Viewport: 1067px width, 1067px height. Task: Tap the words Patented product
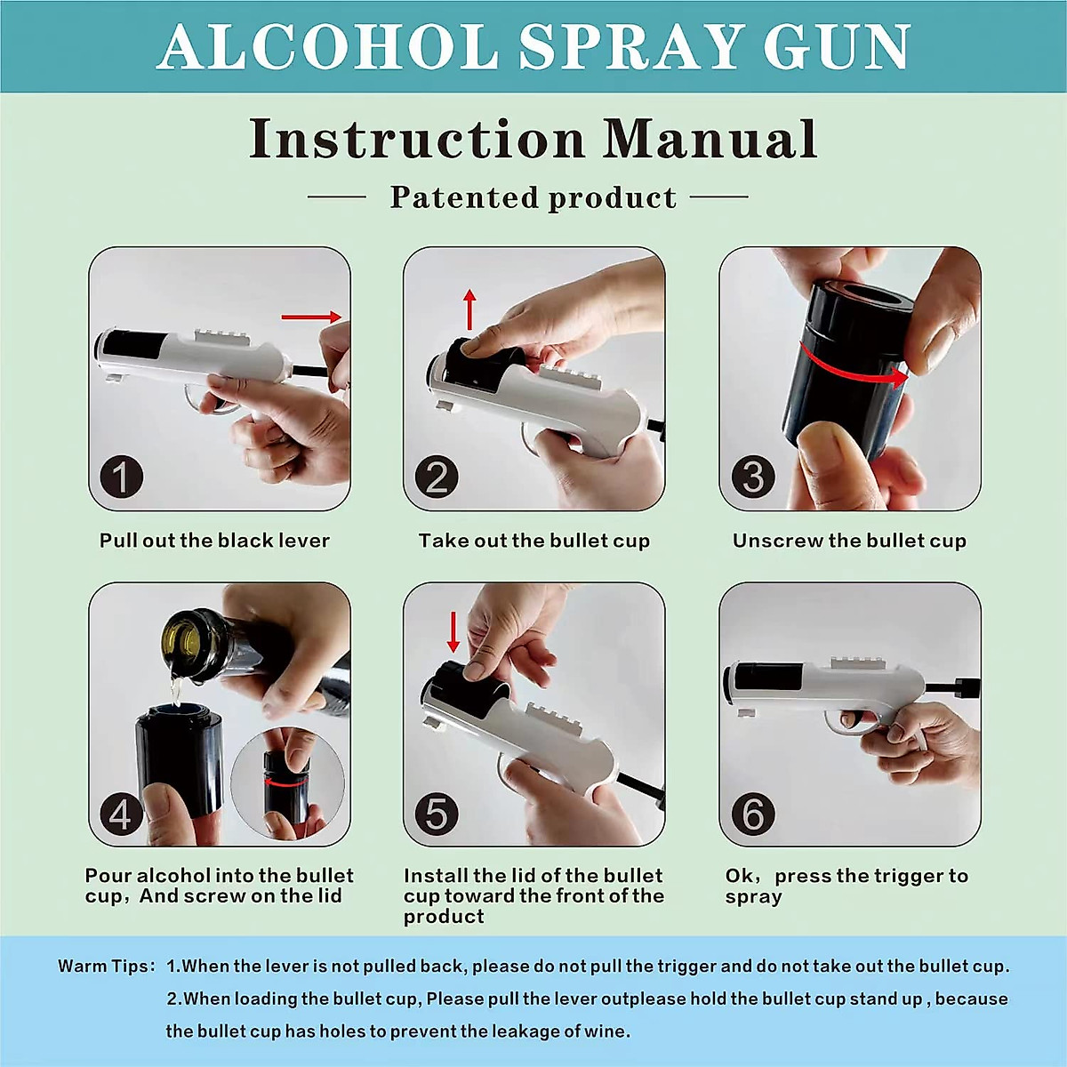pos(533,197)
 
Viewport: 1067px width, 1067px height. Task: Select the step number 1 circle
pos(121,477)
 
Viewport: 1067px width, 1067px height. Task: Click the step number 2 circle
pos(437,477)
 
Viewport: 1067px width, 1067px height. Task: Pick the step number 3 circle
pos(752,477)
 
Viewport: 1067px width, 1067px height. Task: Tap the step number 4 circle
pos(121,814)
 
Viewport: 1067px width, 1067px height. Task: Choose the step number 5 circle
pos(437,814)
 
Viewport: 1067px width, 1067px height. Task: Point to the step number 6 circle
pos(752,814)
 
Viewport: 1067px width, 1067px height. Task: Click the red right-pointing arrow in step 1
pos(311,317)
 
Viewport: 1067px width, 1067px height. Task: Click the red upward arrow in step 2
pos(470,309)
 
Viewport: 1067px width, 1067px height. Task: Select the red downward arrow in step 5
pos(453,631)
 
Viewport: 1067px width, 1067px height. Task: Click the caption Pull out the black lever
pos(214,541)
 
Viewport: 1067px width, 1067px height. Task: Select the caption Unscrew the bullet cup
pos(849,541)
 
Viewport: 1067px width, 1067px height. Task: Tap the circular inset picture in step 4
pos(286,782)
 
